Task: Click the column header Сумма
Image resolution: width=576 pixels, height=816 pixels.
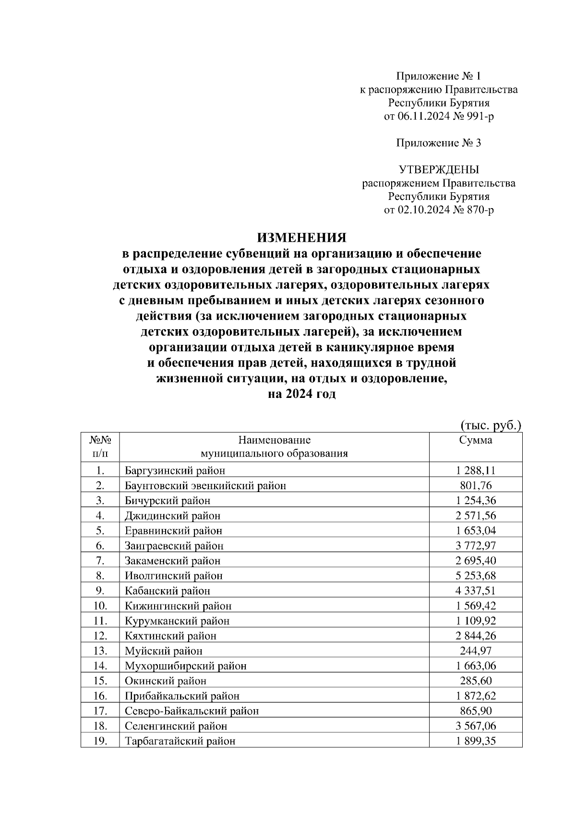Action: pos(475,440)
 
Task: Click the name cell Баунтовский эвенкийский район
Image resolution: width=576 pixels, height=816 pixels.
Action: pos(205,485)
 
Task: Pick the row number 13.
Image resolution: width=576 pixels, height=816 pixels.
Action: pos(100,651)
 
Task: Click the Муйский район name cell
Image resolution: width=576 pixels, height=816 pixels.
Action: pos(164,651)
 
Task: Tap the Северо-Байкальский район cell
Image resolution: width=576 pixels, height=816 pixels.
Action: pos(192,711)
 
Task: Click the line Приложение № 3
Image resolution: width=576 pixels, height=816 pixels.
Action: pos(438,143)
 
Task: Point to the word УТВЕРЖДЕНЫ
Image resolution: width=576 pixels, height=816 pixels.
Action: pos(439,170)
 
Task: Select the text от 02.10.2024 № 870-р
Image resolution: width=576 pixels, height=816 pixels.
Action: pos(439,210)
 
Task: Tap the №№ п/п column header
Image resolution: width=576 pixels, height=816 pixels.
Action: pos(100,446)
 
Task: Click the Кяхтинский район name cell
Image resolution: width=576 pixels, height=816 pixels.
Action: pos(171,636)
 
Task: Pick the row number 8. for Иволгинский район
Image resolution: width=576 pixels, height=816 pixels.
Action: pos(100,576)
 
